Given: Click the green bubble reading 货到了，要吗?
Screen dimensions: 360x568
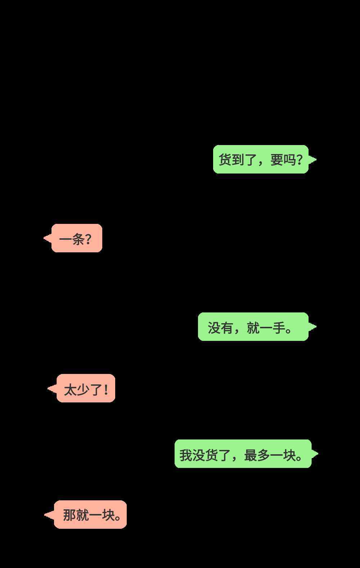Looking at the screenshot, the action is tap(261, 159).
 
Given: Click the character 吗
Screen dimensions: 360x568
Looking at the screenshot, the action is tap(289, 160).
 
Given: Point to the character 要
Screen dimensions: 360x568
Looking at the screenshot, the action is tap(276, 160).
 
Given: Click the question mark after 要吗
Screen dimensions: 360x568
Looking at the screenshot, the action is tap(300, 160).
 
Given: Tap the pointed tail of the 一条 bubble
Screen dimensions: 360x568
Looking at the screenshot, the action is tap(44, 238).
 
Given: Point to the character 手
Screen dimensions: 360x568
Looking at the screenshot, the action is tap(279, 328).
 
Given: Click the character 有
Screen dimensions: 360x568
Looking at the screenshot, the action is tap(227, 328).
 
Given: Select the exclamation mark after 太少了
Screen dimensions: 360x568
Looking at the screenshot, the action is tap(106, 389).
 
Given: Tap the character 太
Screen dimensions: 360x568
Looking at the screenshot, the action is tap(70, 390).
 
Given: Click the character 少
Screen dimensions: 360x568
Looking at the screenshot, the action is tap(83, 390).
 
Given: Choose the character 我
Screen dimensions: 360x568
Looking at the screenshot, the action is tap(186, 455).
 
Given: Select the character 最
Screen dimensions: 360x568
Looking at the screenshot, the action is tap(251, 455).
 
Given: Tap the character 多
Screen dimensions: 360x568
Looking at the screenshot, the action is tap(264, 455).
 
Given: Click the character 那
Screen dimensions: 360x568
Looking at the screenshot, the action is tap(69, 515).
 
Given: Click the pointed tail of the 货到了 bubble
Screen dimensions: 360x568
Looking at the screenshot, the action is tap(316, 159).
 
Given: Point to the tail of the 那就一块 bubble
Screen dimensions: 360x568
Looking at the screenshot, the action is tap(45, 514).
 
